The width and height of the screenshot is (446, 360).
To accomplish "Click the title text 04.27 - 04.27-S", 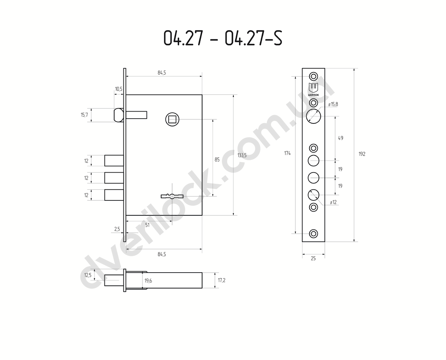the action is [223, 38].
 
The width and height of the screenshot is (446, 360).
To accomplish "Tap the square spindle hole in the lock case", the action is [172, 119].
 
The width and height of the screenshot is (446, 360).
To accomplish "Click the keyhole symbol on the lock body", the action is [172, 196].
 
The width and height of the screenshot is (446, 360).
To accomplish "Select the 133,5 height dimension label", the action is [242, 155].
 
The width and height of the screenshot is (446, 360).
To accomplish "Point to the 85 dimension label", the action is [217, 160].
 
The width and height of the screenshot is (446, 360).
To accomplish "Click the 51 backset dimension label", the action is [147, 225].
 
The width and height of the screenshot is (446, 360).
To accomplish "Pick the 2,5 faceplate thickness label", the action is [117, 229].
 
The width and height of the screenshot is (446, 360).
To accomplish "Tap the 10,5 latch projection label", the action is [119, 89].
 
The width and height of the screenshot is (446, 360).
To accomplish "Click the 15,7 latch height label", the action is [84, 115].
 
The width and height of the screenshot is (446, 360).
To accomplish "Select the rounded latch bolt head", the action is [119, 115].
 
